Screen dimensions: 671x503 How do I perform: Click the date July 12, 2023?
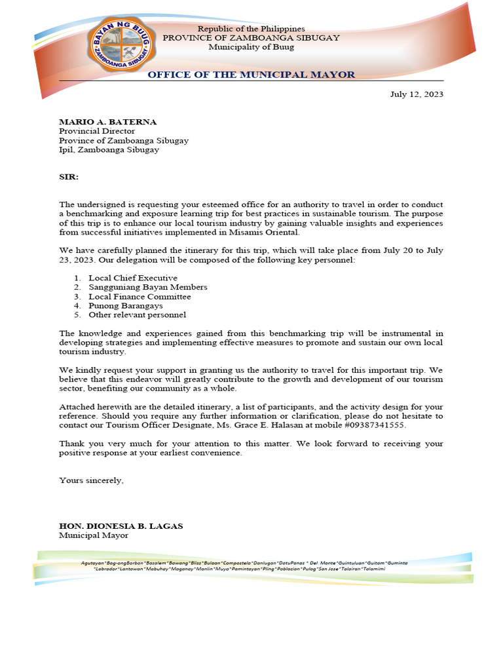coord(417,94)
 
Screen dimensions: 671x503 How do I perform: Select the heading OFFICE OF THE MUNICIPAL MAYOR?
coord(251,75)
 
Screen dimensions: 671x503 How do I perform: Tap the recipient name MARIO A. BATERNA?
coord(108,122)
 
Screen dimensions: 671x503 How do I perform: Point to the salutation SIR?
coord(69,177)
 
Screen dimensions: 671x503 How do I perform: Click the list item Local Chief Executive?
coord(133,278)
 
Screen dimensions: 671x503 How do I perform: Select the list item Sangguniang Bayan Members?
coord(148,288)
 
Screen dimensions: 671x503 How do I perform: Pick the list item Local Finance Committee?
coord(140,297)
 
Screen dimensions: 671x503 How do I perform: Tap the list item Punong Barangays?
coord(126,306)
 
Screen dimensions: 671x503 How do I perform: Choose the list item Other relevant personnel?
coord(138,315)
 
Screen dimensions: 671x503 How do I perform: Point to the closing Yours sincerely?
coord(91,480)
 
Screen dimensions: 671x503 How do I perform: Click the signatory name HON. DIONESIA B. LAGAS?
coord(121,526)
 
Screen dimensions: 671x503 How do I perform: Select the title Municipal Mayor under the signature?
coord(94,535)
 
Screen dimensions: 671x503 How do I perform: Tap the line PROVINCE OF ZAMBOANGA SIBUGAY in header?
coord(251,38)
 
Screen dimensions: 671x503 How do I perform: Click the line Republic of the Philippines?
coord(251,29)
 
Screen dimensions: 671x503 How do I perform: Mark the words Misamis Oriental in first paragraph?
coord(265,233)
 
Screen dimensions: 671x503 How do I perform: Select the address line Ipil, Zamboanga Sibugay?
coord(109,149)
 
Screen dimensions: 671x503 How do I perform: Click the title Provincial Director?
coord(97,131)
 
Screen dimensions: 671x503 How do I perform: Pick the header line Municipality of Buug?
coord(251,47)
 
